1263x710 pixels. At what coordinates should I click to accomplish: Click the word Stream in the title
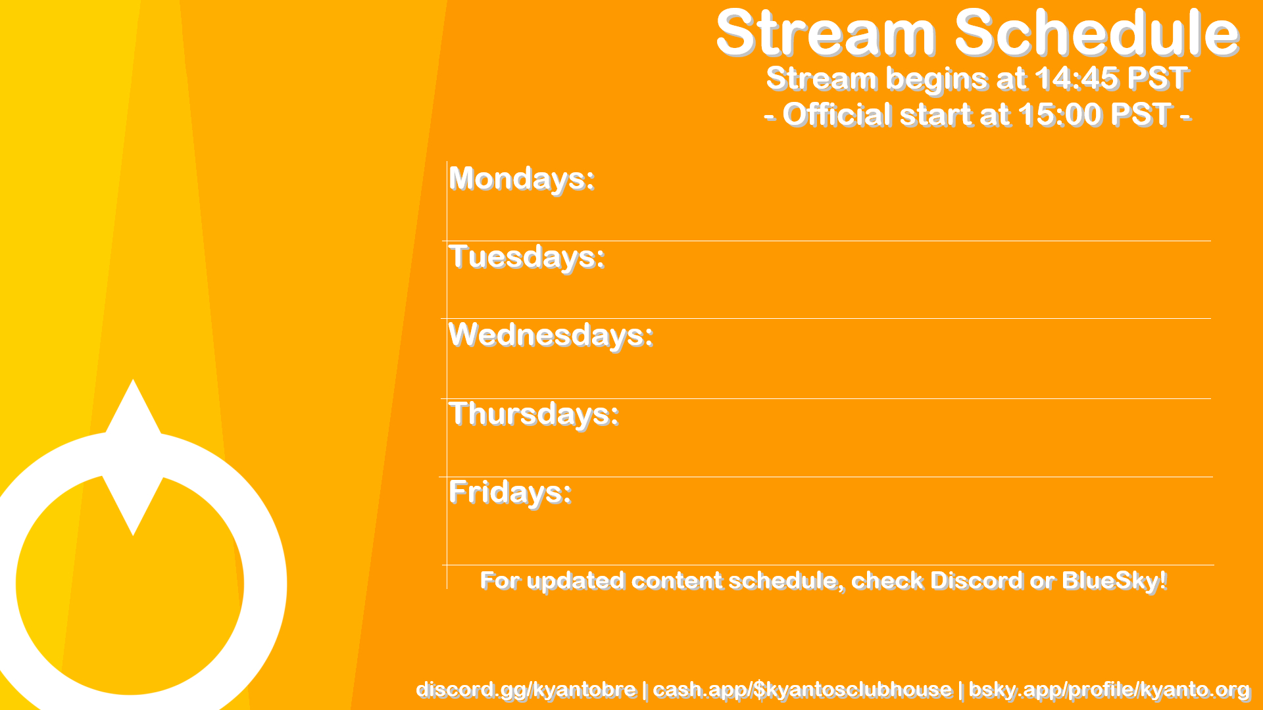point(826,33)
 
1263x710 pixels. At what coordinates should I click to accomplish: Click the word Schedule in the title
point(1097,33)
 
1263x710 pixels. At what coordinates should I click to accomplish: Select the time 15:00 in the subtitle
point(1060,114)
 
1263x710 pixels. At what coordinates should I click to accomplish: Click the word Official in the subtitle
point(837,114)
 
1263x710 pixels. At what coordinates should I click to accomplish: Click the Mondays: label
point(522,179)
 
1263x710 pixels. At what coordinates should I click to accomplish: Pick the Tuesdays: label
point(526,257)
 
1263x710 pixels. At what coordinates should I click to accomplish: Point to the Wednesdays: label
point(551,335)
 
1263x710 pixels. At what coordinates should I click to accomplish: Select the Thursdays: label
point(533,414)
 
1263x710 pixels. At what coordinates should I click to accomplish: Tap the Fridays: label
point(510,492)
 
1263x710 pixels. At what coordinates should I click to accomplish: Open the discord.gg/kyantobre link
point(526,690)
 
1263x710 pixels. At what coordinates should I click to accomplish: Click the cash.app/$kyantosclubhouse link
point(802,690)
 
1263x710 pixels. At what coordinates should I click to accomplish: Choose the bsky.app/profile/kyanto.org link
point(1109,690)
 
